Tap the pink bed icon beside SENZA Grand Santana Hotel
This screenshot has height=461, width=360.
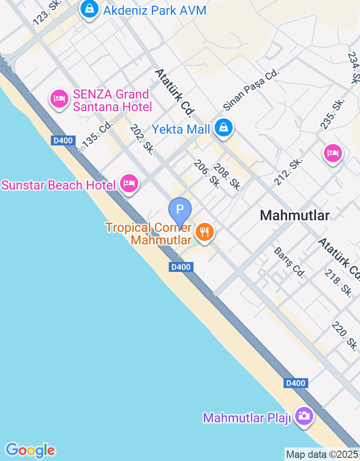pyautogui.click(x=59, y=99)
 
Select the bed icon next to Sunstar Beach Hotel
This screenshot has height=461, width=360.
pyautogui.click(x=130, y=183)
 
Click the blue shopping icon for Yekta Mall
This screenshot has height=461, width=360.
pyautogui.click(x=223, y=128)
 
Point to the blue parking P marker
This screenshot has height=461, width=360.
pyautogui.click(x=180, y=209)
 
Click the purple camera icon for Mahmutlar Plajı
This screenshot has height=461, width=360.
pyautogui.click(x=304, y=416)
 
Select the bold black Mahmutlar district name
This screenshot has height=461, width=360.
pyautogui.click(x=295, y=216)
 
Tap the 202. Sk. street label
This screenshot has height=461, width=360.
pyautogui.click(x=142, y=139)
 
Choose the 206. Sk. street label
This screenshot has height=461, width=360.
pyautogui.click(x=207, y=174)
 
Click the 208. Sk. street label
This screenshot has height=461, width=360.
pyautogui.click(x=227, y=176)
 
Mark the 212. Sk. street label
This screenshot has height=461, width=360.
pyautogui.click(x=288, y=172)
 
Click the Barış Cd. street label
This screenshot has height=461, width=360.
pyautogui.click(x=289, y=262)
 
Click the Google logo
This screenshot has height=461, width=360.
pyautogui.click(x=30, y=450)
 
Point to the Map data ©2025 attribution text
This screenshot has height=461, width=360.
pyautogui.click(x=322, y=454)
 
